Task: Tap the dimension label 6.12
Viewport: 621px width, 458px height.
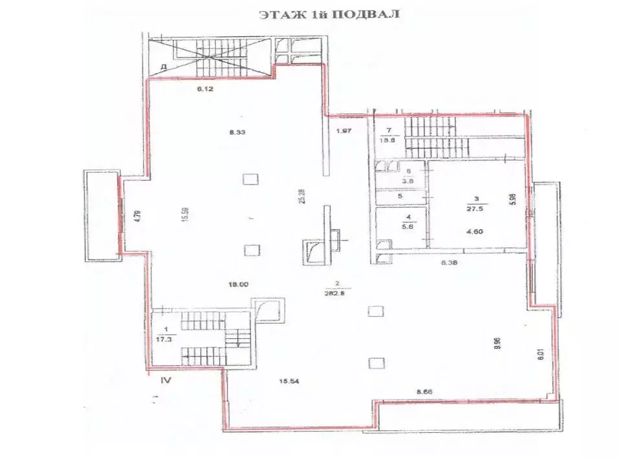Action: (205, 89)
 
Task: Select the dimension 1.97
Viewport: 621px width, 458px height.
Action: (343, 132)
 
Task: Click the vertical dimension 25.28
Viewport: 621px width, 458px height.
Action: (300, 193)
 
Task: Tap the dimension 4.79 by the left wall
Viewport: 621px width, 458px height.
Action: (136, 215)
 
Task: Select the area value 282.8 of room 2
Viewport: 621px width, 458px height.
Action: (336, 292)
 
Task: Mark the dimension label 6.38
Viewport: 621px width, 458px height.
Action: (449, 263)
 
